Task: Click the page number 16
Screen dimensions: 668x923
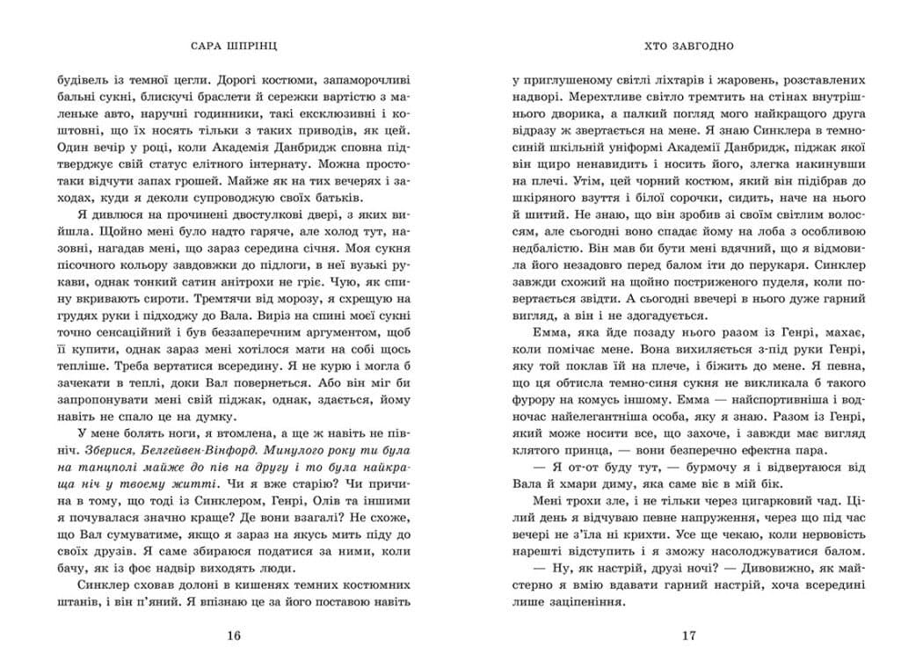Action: pyautogui.click(x=233, y=635)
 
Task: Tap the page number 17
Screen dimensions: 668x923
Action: pyautogui.click(x=688, y=635)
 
